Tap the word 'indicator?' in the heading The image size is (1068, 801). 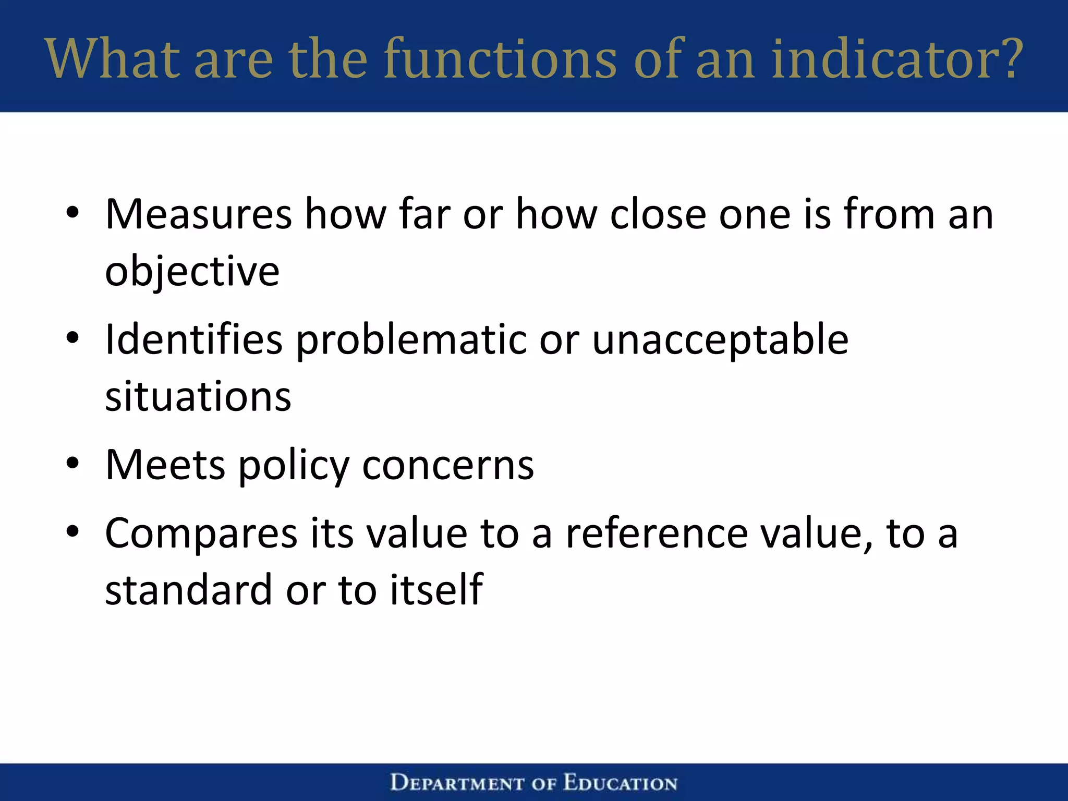(897, 58)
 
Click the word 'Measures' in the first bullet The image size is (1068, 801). (198, 214)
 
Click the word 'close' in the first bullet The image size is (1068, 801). (658, 214)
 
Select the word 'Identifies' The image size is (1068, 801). (193, 340)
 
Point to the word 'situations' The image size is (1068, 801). (198, 397)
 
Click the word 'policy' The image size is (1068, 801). (294, 466)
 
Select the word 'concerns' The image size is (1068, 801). (448, 466)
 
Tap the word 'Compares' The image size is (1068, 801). (201, 535)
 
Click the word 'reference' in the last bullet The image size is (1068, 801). (657, 533)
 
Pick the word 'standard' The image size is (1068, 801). (188, 590)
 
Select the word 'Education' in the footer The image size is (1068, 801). (620, 783)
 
